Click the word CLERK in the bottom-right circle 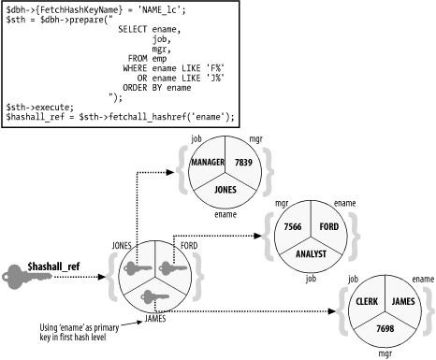[x=366, y=302]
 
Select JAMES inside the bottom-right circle [x=402, y=302]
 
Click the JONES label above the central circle [x=122, y=245]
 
